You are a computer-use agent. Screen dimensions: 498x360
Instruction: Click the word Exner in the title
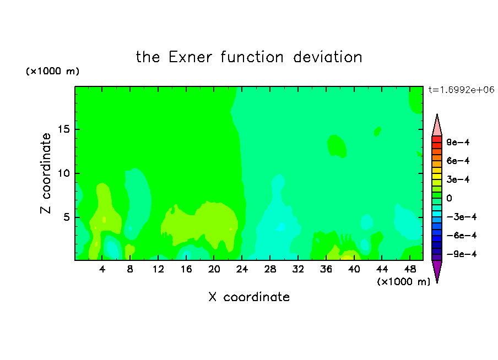[190, 57]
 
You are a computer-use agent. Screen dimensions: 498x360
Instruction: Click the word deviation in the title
[327, 57]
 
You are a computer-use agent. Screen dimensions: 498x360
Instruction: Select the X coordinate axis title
[249, 297]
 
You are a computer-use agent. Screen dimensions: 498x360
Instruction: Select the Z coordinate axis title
[45, 173]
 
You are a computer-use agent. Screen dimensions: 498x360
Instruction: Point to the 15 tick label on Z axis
[63, 129]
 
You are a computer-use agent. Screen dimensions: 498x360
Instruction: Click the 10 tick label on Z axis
[63, 173]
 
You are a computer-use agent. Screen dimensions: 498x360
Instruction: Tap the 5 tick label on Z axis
[66, 217]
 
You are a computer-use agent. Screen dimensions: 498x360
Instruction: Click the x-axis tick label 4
[102, 269]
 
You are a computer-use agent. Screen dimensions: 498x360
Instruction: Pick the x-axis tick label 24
[242, 269]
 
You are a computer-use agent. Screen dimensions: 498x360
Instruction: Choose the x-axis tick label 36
[326, 269]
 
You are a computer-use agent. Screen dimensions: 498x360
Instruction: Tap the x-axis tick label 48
[410, 269]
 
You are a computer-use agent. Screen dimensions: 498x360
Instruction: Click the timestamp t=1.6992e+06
[461, 90]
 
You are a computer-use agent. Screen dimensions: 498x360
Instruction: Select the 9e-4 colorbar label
[458, 142]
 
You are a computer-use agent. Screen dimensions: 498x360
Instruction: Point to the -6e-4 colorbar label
[462, 236]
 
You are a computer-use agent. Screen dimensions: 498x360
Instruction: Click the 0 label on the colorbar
[449, 198]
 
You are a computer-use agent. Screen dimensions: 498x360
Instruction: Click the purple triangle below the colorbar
[437, 270]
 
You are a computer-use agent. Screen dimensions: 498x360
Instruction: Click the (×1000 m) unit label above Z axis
[52, 71]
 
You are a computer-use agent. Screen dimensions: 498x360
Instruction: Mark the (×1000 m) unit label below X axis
[403, 282]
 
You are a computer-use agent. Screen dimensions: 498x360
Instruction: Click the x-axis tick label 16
[186, 269]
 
